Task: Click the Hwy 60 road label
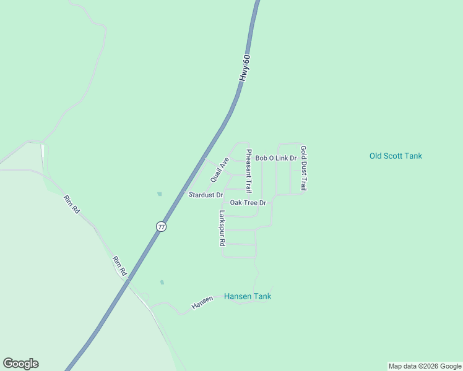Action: click(x=246, y=68)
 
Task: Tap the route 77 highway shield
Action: click(x=161, y=226)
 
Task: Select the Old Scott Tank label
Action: click(x=396, y=156)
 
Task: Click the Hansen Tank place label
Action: click(x=248, y=296)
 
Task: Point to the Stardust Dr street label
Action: click(x=206, y=195)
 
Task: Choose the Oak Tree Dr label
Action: click(x=248, y=203)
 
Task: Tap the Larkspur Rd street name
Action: click(x=222, y=229)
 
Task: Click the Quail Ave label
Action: click(x=220, y=169)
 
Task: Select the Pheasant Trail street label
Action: click(x=249, y=170)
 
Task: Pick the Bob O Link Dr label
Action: click(x=276, y=158)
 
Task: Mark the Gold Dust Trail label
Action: click(x=303, y=168)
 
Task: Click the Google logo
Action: click(x=20, y=364)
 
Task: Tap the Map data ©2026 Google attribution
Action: click(x=425, y=366)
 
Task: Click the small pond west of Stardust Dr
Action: click(x=160, y=194)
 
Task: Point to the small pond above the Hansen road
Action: click(x=162, y=283)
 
